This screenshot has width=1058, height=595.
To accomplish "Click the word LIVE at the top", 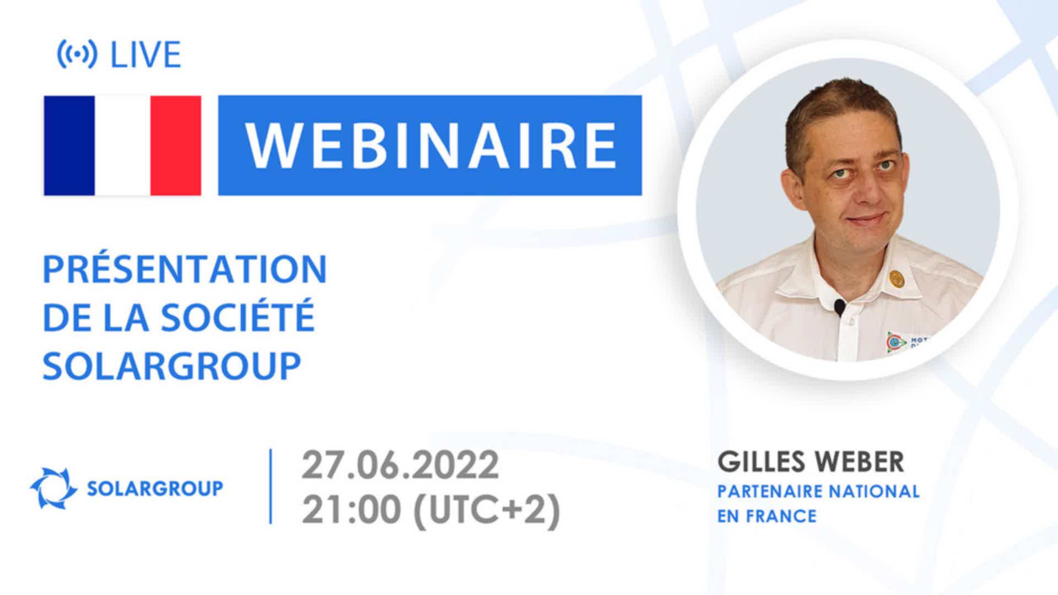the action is (146, 55).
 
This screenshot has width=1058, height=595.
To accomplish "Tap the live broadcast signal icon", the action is (77, 55).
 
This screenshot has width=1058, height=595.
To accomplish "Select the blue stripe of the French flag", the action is (69, 146).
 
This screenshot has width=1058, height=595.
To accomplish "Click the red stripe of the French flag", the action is (176, 146).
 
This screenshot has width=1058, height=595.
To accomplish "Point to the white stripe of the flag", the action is (123, 146).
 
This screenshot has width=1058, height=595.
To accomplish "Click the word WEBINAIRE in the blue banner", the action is (430, 146).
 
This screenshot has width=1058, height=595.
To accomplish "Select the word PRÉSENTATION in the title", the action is (185, 269).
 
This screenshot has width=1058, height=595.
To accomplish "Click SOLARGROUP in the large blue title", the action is (172, 365).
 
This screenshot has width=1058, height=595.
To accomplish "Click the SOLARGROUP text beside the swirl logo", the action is (155, 488).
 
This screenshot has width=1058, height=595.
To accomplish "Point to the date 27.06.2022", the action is (400, 465).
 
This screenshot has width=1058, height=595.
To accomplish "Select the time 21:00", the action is (351, 510).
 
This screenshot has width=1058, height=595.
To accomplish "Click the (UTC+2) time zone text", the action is (487, 510).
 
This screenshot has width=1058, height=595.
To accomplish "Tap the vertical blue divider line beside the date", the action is (271, 486).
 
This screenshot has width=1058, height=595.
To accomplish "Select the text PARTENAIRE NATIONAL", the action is (818, 491).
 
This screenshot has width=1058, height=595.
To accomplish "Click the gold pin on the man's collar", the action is (897, 279).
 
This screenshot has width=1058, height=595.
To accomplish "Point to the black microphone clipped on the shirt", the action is (839, 307).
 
